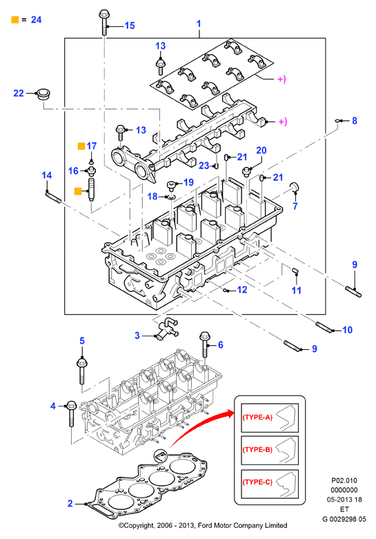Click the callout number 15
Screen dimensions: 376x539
click(130, 26)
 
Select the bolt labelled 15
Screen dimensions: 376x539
click(103, 23)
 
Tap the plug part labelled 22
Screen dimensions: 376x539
click(43, 94)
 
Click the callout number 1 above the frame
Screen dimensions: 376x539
click(199, 23)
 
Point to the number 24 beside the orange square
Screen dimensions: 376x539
click(36, 19)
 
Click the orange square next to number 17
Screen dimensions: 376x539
click(81, 146)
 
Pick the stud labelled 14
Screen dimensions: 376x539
click(53, 197)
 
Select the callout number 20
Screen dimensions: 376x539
click(261, 150)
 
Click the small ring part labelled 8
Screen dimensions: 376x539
click(338, 121)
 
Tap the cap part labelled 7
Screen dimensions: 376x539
click(295, 188)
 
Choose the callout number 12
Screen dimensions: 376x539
click(242, 290)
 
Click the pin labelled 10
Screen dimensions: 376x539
click(324, 326)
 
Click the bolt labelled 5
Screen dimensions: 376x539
click(81, 371)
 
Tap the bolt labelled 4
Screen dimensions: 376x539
click(71, 413)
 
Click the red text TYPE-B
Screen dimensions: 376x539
click(257, 449)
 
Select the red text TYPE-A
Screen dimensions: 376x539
click(257, 418)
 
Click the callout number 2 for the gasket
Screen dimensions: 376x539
click(70, 504)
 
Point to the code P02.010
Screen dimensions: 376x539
click(344, 480)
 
